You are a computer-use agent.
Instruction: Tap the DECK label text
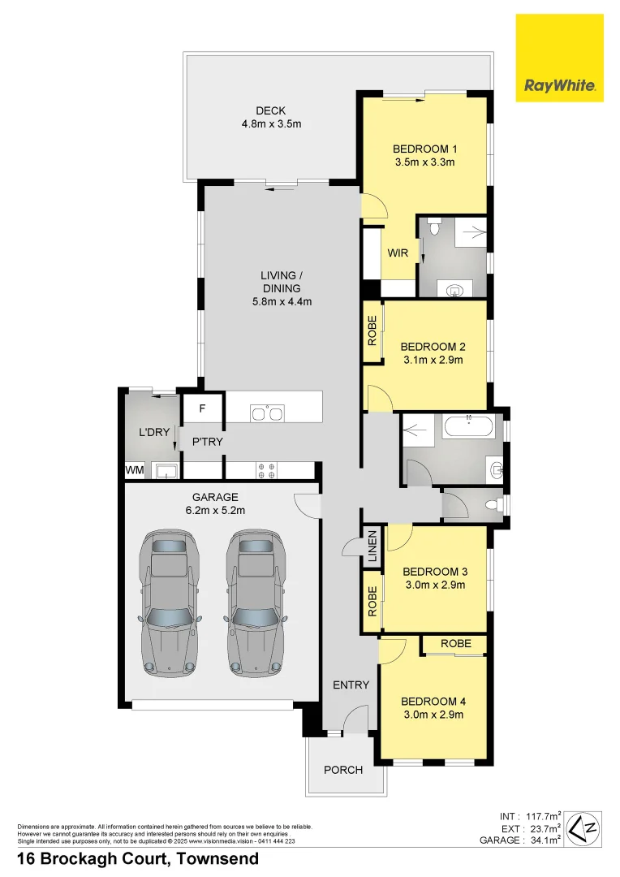(x=270, y=111)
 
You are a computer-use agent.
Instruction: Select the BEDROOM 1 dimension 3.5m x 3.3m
(x=424, y=162)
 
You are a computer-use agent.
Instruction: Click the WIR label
(x=398, y=253)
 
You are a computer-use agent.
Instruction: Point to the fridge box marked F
(x=203, y=408)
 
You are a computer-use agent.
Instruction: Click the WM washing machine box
(x=135, y=470)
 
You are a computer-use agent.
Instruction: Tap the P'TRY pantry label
(x=207, y=442)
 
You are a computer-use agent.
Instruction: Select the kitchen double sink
(x=267, y=414)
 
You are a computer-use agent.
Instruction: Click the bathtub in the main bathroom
(x=468, y=426)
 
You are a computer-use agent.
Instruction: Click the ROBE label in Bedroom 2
(x=372, y=330)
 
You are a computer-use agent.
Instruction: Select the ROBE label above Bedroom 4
(x=455, y=643)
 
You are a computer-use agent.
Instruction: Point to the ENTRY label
(x=351, y=685)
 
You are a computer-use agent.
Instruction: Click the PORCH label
(x=343, y=769)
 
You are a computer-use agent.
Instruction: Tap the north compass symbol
(x=583, y=827)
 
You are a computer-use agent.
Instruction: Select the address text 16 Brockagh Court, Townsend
(x=138, y=859)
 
